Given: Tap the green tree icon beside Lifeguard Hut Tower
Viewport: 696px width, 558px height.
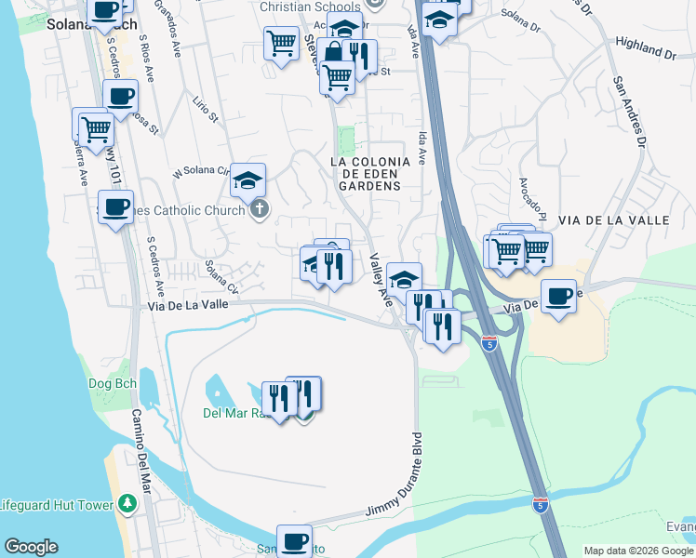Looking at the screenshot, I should (x=128, y=504).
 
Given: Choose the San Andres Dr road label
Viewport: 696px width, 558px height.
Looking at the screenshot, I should (x=628, y=110).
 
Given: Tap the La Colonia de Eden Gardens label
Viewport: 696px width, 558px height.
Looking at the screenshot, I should (x=365, y=173).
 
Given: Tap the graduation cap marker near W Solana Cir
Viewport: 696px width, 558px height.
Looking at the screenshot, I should (x=248, y=179).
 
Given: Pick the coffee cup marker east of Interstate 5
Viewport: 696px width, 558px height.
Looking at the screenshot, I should (x=558, y=297).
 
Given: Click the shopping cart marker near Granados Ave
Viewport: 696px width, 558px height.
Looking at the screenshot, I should (x=280, y=43).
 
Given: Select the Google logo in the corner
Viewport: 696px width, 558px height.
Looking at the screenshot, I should (x=31, y=547).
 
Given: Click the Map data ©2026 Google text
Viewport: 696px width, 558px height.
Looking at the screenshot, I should (x=639, y=551).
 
